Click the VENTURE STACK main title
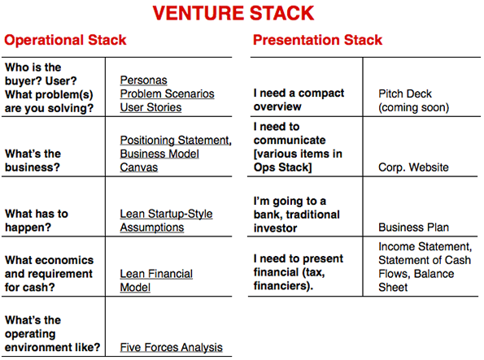233,13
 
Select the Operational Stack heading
65,40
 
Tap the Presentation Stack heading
317,40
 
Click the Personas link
143,80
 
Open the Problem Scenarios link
167,93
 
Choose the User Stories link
150,107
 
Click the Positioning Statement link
176,141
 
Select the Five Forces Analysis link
172,347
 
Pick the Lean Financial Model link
156,280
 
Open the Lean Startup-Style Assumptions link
166,220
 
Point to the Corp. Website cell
413,167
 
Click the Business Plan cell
413,228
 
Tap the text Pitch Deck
405,93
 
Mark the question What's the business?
33,160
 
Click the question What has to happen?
37,220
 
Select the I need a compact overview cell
299,100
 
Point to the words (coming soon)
413,107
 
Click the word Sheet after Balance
393,288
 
